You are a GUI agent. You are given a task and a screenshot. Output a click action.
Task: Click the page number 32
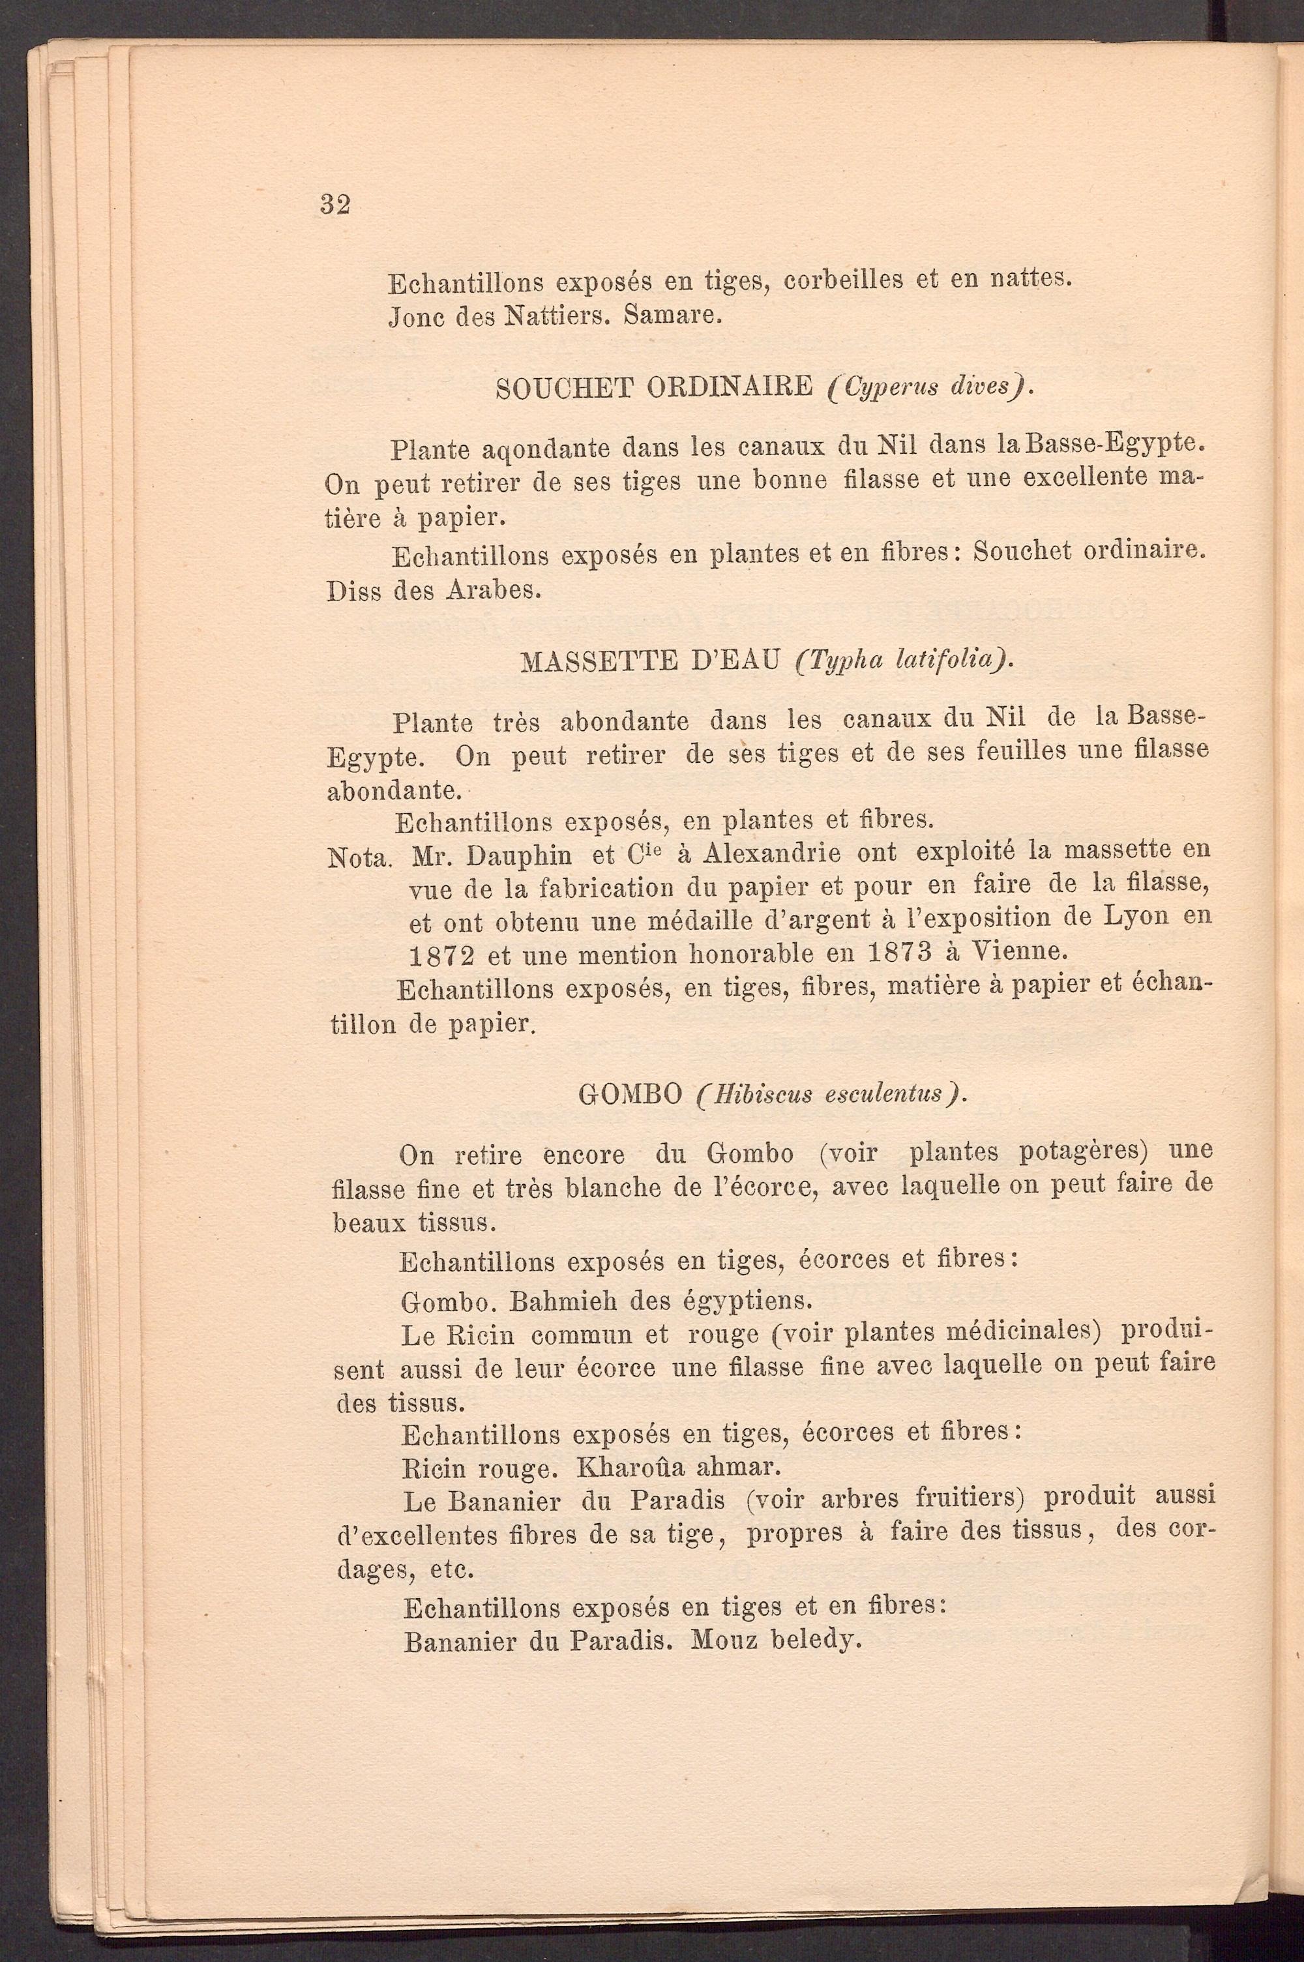(x=334, y=205)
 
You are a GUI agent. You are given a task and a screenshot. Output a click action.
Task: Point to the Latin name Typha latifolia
(x=904, y=662)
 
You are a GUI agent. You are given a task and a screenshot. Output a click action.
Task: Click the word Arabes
(x=494, y=591)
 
